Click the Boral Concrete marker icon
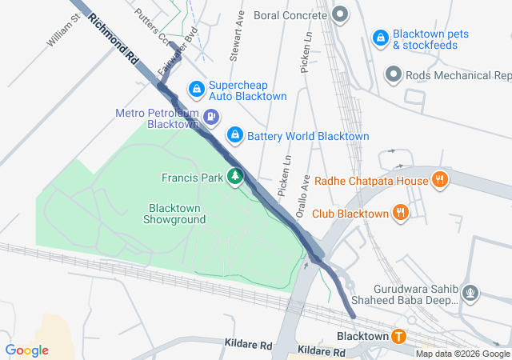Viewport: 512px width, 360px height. (x=340, y=14)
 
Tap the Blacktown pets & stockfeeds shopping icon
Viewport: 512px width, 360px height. (x=380, y=38)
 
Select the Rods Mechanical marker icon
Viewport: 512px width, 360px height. (x=394, y=75)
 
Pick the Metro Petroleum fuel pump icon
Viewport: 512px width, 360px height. (x=211, y=118)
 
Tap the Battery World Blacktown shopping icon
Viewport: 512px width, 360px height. (x=234, y=135)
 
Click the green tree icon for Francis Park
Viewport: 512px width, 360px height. (x=235, y=176)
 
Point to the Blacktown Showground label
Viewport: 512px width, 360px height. (x=174, y=213)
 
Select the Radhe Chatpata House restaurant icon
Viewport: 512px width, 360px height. (x=439, y=180)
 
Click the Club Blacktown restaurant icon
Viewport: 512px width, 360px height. (x=401, y=212)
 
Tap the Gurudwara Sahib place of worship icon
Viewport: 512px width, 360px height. (x=471, y=293)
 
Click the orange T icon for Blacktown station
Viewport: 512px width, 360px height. (x=398, y=337)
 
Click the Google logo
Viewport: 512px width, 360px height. (x=26, y=350)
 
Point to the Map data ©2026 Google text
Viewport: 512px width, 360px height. (x=462, y=354)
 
